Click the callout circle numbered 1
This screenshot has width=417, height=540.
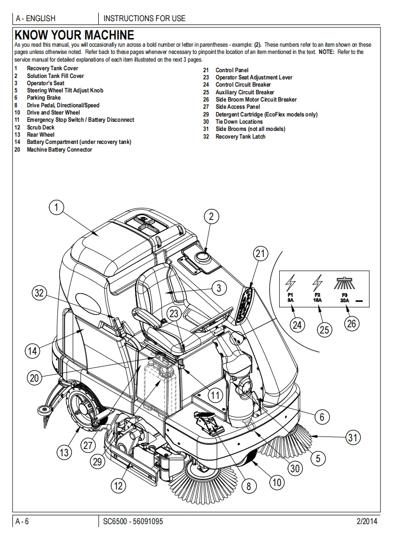[x=56, y=207]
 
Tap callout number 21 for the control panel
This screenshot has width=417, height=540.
[x=260, y=254]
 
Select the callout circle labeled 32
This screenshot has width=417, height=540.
[x=39, y=293]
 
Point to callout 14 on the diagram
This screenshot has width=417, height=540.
[x=32, y=351]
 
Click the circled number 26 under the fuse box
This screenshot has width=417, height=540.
[x=351, y=323]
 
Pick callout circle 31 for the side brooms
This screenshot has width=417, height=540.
[x=352, y=437]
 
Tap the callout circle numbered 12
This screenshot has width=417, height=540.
[x=118, y=486]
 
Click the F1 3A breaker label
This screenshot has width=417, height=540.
[x=290, y=297]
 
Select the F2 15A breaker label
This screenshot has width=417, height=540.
[x=317, y=297]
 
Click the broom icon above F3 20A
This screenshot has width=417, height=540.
[x=344, y=283]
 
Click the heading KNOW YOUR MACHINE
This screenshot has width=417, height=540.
[x=74, y=35]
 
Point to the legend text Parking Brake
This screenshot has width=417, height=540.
[x=44, y=98]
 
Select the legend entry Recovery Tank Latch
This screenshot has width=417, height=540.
[x=241, y=137]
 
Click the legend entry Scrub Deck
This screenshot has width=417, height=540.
[x=40, y=128]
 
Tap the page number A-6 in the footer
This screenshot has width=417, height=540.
[x=22, y=521]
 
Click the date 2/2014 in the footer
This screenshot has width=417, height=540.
[x=367, y=521]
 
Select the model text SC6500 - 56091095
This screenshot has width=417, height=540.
[x=133, y=521]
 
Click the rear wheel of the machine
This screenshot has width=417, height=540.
[x=84, y=408]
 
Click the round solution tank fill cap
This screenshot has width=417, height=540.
[x=202, y=257]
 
